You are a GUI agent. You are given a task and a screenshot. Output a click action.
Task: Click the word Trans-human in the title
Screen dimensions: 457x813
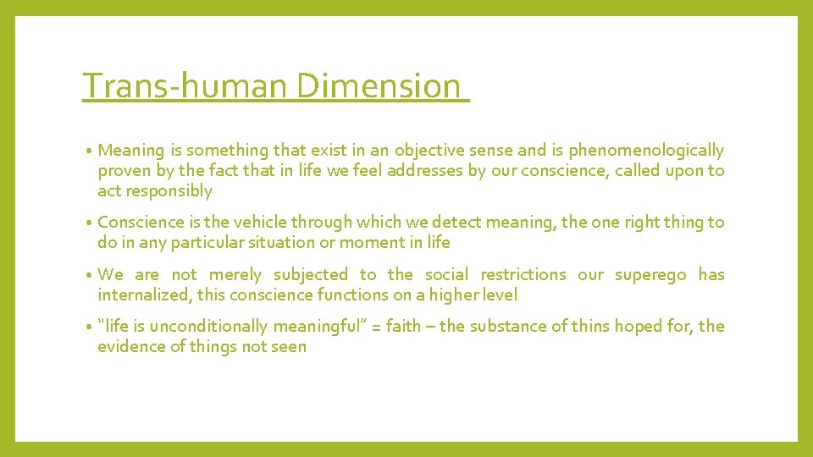(186, 86)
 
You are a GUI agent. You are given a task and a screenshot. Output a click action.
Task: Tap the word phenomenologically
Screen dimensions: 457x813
(646, 151)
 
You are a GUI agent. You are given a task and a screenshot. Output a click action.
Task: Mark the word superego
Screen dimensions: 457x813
(650, 275)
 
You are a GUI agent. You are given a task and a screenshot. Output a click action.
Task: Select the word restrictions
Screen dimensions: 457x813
(523, 275)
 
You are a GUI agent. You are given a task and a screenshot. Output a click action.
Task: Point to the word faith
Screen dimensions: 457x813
(403, 327)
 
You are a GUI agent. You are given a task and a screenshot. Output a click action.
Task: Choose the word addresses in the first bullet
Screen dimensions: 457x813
(423, 171)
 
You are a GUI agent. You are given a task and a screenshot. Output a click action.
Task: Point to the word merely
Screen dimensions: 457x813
(235, 275)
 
